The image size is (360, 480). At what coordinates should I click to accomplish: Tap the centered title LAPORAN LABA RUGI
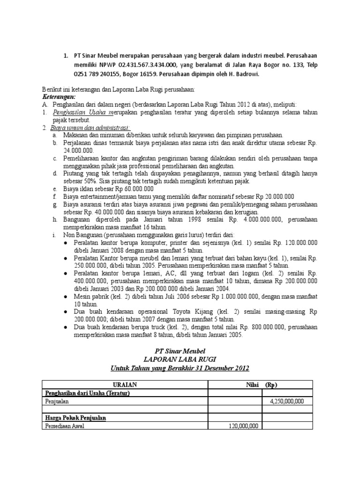[x=180, y=359]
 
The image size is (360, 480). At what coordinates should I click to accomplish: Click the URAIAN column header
[x=125, y=384]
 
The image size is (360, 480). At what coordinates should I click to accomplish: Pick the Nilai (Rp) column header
[x=257, y=384]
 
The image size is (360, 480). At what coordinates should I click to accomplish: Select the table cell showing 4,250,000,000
[x=287, y=401]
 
